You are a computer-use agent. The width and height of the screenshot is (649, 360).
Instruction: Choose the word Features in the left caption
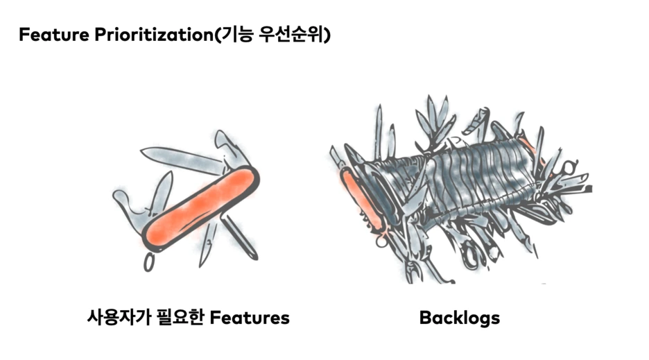pyautogui.click(x=249, y=318)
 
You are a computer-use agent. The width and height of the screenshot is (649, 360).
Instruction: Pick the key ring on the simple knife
pyautogui.click(x=148, y=262)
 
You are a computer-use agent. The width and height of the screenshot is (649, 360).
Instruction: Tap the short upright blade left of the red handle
pyautogui.click(x=161, y=191)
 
